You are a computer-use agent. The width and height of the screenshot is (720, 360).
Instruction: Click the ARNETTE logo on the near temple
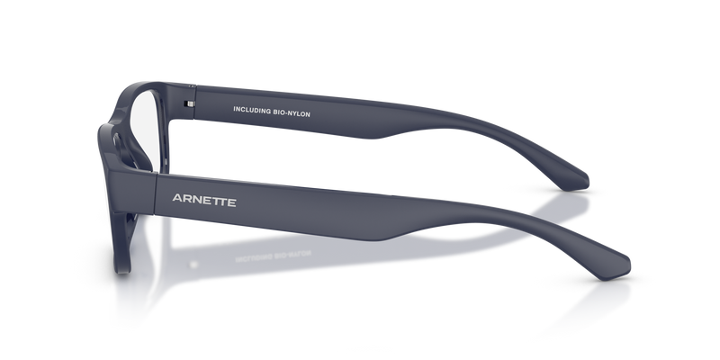click(204, 200)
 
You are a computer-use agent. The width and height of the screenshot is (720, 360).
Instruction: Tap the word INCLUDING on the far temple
click(252, 110)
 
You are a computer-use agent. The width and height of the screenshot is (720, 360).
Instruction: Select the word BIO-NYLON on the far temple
click(292, 113)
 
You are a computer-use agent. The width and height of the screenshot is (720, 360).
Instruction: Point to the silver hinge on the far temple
click(189, 104)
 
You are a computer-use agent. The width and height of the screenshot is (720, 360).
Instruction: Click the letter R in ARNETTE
click(188, 199)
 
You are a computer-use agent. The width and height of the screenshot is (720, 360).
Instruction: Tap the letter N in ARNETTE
click(197, 200)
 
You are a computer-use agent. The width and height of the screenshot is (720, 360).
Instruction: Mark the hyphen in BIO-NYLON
click(286, 113)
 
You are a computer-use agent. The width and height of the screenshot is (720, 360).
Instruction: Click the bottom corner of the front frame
click(122, 271)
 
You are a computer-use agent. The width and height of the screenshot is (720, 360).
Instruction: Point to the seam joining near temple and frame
click(155, 193)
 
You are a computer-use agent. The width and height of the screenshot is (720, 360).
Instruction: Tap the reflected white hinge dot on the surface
click(193, 265)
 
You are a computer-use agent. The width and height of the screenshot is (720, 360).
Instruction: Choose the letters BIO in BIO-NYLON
click(279, 112)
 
